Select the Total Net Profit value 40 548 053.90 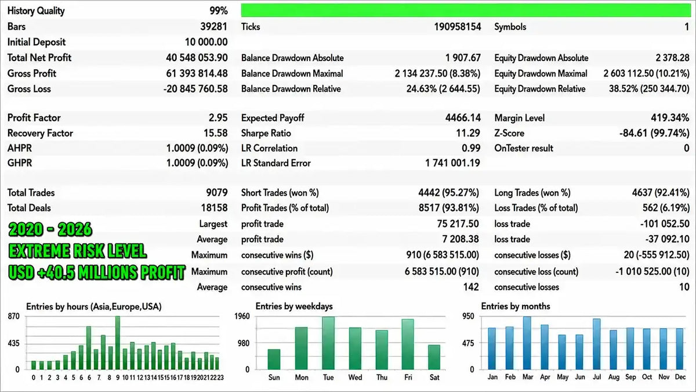coord(197,57)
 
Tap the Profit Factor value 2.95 coord(218,117)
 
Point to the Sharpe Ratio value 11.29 coord(468,133)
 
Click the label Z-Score coord(509,133)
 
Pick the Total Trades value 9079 coord(217,193)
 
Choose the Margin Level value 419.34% coord(670,117)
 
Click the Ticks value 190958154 coord(458,27)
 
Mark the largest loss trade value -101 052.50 coord(665,224)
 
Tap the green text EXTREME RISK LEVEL coord(78,251)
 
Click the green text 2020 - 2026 coord(50,229)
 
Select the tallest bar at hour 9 coord(117,343)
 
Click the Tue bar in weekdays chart coord(328,343)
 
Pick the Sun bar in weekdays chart coord(274,359)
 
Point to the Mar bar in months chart coord(527,343)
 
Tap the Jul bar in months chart coord(597,344)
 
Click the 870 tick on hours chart coord(14,317)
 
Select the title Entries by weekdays coord(294,307)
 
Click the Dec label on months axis coord(680,377)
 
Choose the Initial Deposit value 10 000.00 coord(206,42)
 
